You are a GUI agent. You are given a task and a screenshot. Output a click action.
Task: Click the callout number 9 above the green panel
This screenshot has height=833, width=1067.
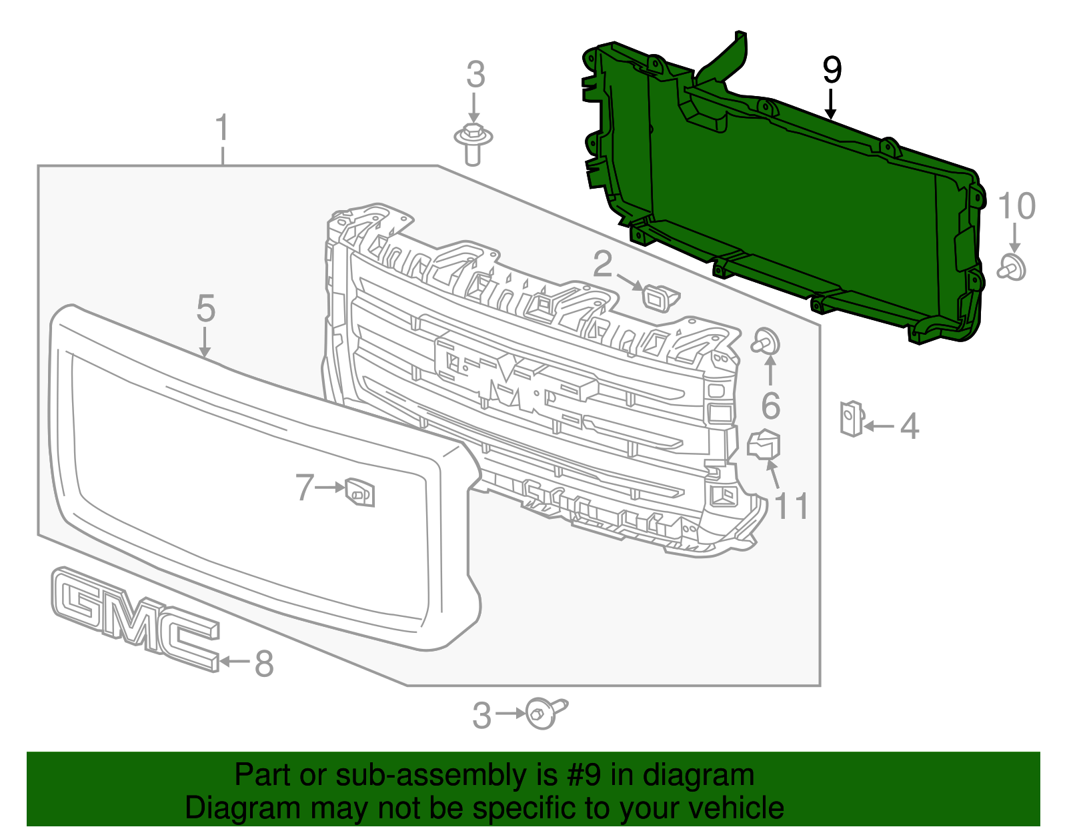[x=832, y=70]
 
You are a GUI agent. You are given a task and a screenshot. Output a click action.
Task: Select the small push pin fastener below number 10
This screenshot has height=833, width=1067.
[x=1012, y=267]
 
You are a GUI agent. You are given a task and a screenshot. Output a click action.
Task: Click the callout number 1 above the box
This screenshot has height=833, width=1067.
[x=222, y=129]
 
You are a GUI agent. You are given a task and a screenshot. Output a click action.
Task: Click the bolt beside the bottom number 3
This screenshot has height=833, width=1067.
[x=544, y=712]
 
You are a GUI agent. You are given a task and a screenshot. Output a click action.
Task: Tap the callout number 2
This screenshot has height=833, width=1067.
[x=602, y=264]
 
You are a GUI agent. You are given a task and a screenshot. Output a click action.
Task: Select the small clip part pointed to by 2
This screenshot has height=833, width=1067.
[x=658, y=295]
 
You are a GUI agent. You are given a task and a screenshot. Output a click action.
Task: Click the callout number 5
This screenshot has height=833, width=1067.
[x=206, y=309]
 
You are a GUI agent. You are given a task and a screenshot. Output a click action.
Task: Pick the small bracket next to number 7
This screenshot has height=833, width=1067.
[x=360, y=493]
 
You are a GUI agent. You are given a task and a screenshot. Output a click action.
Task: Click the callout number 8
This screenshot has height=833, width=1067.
[x=264, y=664]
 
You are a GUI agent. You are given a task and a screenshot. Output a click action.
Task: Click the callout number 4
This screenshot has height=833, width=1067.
[x=909, y=426]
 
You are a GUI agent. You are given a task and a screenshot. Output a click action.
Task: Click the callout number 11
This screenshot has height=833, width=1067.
[x=792, y=506]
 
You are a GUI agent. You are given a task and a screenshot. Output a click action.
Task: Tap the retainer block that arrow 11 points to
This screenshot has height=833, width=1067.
[x=764, y=444]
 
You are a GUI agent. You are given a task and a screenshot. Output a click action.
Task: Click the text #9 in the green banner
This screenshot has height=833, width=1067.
[x=584, y=776]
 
